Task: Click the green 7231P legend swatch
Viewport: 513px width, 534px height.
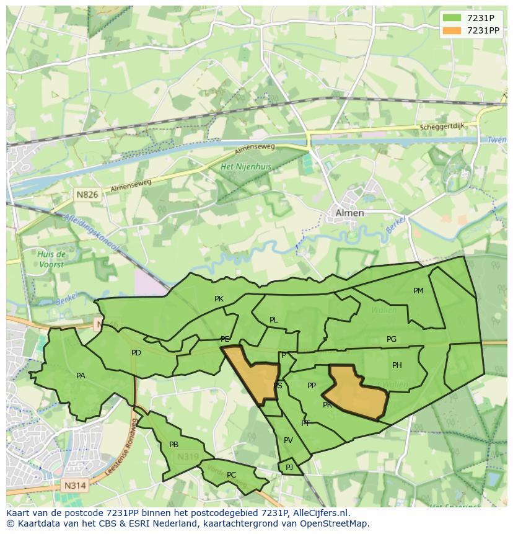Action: pos(452,17)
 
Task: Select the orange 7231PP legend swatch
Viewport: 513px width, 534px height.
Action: pos(452,30)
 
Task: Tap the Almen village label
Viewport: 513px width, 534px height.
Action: pos(349,213)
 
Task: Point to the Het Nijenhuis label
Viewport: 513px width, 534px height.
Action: pos(246,167)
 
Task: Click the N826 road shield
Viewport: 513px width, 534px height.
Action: pos(87,195)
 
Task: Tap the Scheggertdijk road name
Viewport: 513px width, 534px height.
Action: pos(441,127)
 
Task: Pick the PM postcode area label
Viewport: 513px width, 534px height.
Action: pos(418,291)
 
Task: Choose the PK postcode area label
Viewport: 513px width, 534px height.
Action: pos(219,299)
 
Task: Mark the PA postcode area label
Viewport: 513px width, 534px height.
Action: pos(81,376)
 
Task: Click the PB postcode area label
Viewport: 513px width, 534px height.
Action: pos(173,445)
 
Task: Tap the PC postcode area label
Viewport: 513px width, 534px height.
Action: pos(231,475)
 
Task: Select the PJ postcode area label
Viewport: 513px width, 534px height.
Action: pos(289,467)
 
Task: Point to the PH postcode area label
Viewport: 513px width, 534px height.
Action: pos(397,365)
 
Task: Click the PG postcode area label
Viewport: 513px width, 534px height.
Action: pos(392,339)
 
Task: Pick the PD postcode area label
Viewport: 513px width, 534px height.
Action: pos(136,353)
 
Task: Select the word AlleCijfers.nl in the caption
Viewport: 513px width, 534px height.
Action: pos(318,513)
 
